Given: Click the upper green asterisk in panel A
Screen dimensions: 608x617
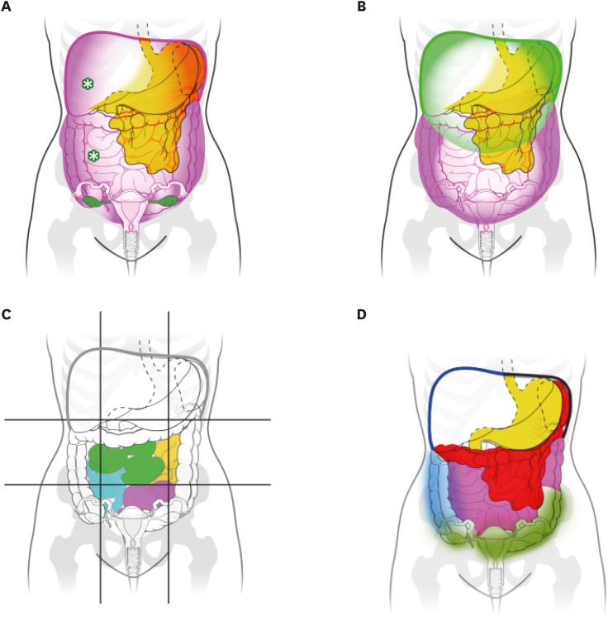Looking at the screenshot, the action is (88, 84).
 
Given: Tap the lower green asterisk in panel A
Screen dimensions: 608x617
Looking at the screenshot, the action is (94, 155).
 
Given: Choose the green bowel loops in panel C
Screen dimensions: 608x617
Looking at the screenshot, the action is (124, 460).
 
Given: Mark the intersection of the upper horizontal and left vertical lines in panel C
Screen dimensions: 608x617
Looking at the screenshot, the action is (101, 420).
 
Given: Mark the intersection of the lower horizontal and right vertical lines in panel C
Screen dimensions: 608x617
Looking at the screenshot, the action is (169, 485).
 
